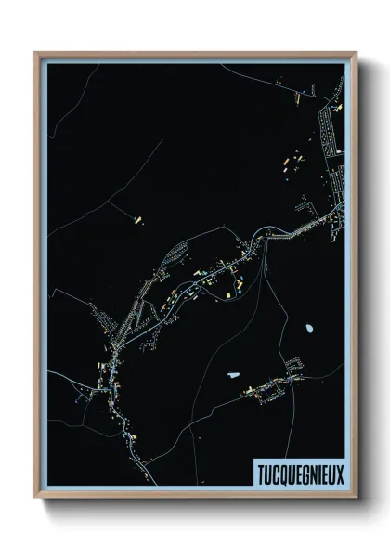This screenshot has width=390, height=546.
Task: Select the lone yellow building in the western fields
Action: pos(138,220)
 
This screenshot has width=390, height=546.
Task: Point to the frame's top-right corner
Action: pos(357,53)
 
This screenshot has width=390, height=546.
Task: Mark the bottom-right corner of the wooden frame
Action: pos(357,497)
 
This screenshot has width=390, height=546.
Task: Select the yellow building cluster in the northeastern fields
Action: pos(286,165)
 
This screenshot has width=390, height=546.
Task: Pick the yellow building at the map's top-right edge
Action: pos(338,108)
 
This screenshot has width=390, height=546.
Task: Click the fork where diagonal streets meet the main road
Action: pos(115,346)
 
